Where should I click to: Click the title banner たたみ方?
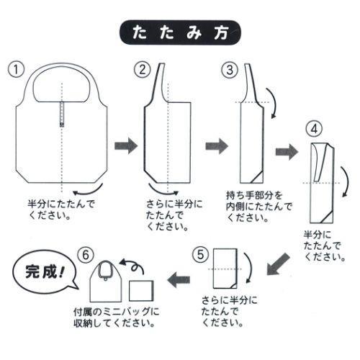click(x=180, y=33)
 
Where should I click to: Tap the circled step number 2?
click(x=143, y=69)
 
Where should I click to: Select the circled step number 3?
click(x=228, y=69)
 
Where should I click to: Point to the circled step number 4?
click(x=312, y=130)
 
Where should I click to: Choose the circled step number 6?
click(x=86, y=254)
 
